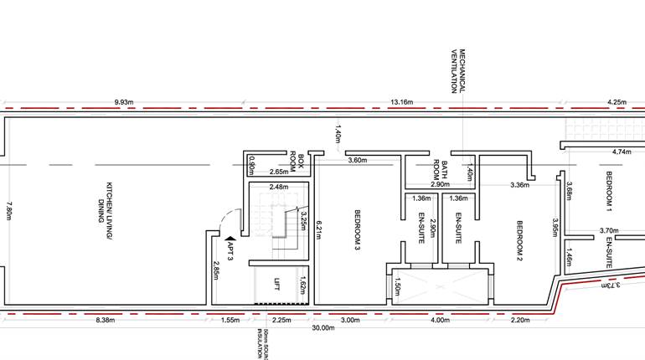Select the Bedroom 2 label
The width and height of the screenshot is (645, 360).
(x=519, y=239)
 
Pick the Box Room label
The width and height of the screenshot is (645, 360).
(x=297, y=161)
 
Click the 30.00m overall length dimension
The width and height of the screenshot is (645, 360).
(x=322, y=328)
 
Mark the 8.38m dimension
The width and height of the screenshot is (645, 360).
(x=105, y=320)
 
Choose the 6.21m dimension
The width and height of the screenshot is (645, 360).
(x=318, y=227)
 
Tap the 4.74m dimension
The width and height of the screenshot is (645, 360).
(x=621, y=152)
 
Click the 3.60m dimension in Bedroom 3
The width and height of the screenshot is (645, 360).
(x=357, y=160)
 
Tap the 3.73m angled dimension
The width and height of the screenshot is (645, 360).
(x=610, y=285)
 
